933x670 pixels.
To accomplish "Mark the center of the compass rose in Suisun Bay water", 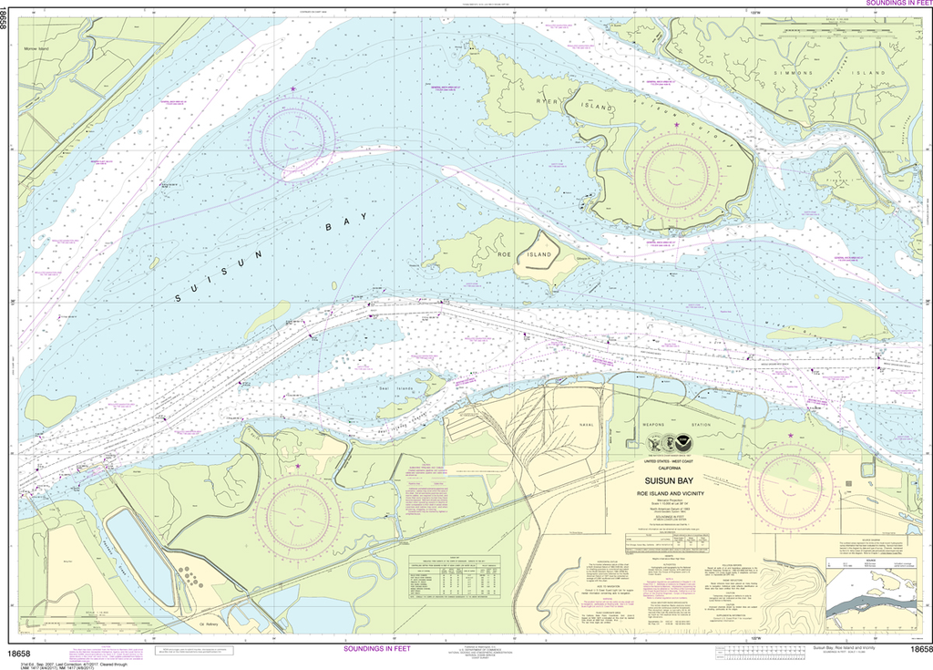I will pyautogui.click(x=293, y=137).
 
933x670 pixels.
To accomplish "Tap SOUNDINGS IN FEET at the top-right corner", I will pyautogui.click(x=889, y=4).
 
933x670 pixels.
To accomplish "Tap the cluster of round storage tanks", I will pyautogui.click(x=189, y=576).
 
